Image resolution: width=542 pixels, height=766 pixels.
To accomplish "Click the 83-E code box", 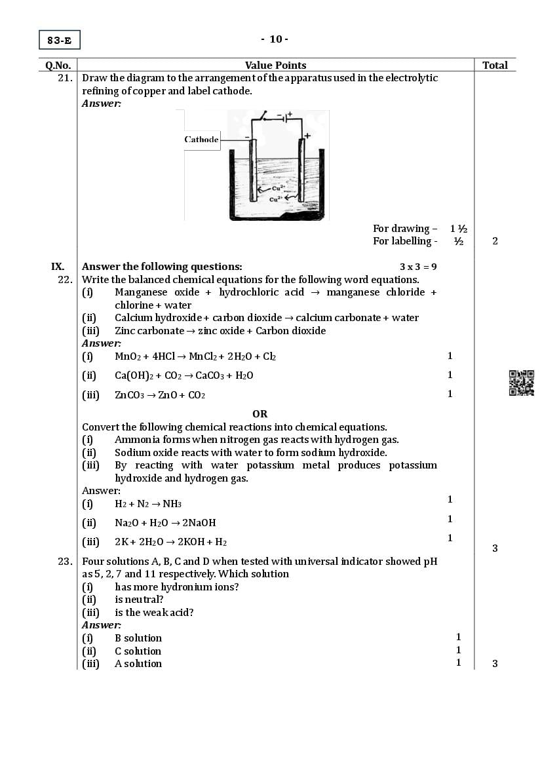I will [59, 40].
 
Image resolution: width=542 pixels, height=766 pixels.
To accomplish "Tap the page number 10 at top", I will [275, 39].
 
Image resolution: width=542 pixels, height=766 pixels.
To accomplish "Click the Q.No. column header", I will [58, 65].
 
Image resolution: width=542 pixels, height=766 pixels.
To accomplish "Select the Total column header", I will [495, 65].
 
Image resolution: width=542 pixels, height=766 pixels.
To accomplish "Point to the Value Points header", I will [275, 65].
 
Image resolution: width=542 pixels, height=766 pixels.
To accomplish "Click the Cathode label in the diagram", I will [201, 140].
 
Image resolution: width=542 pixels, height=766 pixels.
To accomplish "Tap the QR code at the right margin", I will [522, 383].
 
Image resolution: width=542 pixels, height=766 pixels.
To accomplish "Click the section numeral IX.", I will [58, 267].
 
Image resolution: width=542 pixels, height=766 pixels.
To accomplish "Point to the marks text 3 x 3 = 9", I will [418, 267].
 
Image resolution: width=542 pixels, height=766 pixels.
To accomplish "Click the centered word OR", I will [260, 414].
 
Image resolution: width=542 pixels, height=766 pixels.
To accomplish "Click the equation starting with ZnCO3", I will [160, 395].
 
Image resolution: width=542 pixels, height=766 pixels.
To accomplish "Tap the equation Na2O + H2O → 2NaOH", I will [165, 523].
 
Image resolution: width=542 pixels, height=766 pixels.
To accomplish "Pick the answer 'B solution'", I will [138, 638].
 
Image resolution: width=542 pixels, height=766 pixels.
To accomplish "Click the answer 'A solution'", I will [138, 664].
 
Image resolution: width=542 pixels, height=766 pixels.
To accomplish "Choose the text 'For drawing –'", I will [405, 229].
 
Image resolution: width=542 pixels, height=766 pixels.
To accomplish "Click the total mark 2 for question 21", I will [495, 241].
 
